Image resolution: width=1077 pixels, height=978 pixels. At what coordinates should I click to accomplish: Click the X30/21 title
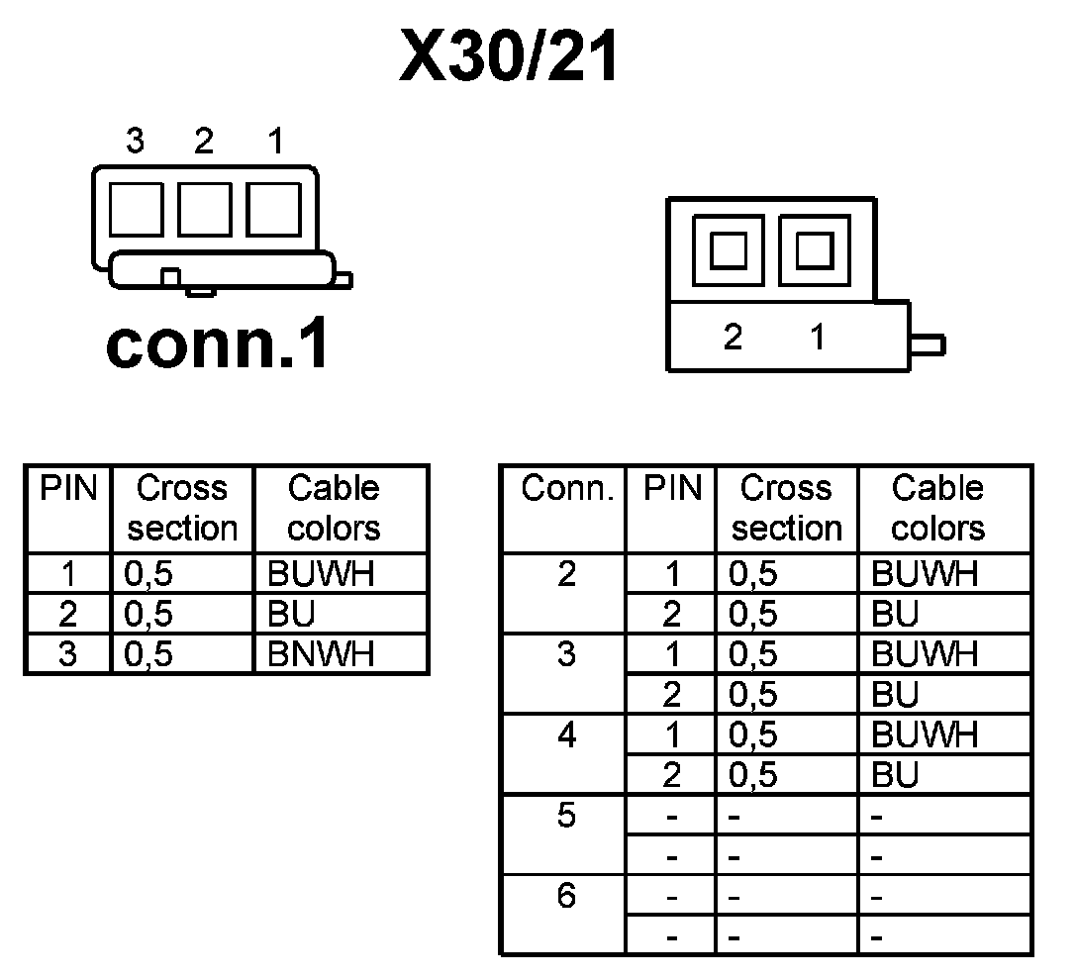tap(510, 57)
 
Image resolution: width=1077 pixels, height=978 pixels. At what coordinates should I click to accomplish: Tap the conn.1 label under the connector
tap(218, 344)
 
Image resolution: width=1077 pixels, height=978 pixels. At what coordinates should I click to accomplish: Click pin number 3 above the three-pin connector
tap(136, 143)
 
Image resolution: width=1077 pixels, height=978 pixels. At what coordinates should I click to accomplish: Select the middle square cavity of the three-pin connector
tap(204, 209)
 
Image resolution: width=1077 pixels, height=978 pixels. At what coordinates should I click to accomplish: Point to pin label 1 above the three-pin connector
tap(275, 143)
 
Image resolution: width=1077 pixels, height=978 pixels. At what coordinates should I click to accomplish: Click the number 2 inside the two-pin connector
tap(733, 338)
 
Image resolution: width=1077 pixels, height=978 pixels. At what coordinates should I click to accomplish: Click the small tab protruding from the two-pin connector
tap(928, 345)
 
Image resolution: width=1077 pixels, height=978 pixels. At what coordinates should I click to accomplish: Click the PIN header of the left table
tap(68, 488)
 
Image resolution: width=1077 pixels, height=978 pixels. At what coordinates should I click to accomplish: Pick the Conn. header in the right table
tap(568, 488)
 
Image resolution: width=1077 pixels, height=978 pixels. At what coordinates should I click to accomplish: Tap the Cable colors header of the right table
tap(937, 508)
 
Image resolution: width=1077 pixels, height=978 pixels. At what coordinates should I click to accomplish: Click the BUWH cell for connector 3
tap(924, 654)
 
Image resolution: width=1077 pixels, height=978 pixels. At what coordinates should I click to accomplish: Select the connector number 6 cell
tap(566, 896)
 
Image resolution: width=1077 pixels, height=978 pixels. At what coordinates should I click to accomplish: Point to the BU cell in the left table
tap(291, 615)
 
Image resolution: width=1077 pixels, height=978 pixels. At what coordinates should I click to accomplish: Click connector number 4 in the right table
tap(566, 735)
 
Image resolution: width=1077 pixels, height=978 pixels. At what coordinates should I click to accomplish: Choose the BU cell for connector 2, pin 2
tap(895, 615)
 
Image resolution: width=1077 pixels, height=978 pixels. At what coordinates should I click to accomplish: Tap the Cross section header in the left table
tap(182, 508)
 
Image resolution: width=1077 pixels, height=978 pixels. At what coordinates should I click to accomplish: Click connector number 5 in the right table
tap(566, 816)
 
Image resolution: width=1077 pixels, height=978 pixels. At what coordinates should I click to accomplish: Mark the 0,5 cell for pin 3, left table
tap(149, 654)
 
